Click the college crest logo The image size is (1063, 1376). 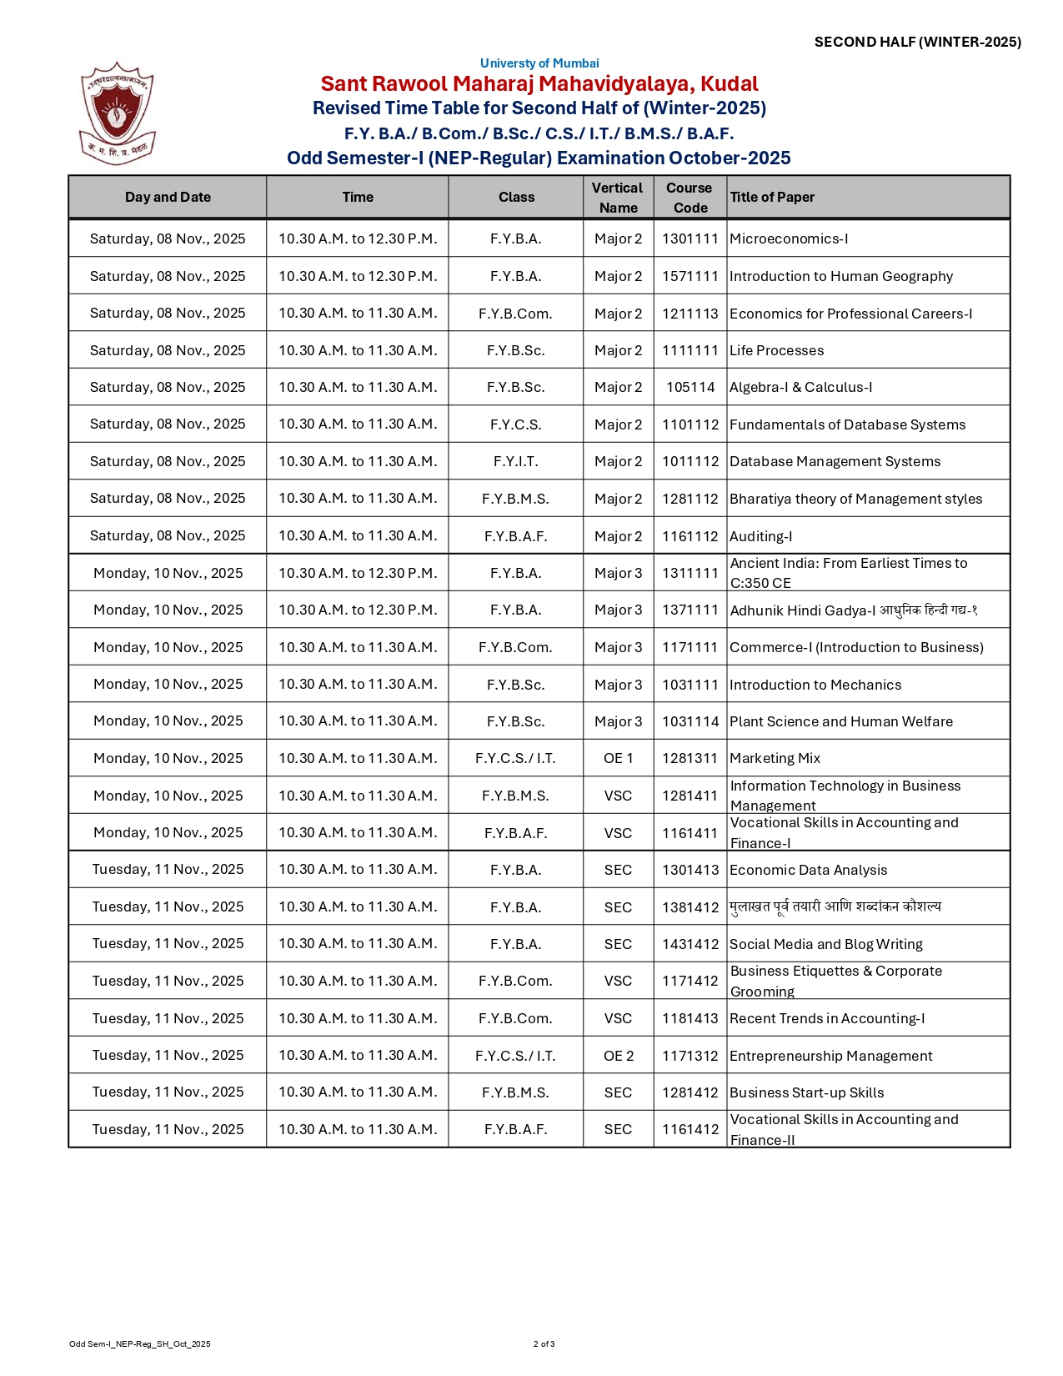click(117, 112)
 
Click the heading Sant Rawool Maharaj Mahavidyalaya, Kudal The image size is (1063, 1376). click(539, 84)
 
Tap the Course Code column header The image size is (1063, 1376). click(689, 198)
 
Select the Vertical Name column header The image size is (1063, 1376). click(618, 198)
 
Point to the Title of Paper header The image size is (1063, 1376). click(772, 198)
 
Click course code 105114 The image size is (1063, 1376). click(690, 388)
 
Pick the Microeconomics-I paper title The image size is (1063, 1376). click(789, 239)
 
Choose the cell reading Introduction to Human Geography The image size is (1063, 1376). click(840, 276)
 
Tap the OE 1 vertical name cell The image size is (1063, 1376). click(618, 758)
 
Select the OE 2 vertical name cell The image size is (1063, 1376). click(618, 1056)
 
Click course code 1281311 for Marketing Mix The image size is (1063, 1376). click(690, 758)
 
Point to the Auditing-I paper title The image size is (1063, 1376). click(760, 536)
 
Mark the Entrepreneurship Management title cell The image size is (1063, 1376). click(830, 1056)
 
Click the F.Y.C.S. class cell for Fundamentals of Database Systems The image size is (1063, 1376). click(516, 424)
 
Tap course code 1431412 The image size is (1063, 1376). click(690, 944)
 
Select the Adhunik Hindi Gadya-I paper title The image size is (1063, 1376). click(853, 610)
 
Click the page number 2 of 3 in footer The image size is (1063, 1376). click(544, 1344)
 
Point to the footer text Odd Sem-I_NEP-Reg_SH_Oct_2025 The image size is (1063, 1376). click(139, 1344)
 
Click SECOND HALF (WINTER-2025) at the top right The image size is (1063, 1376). click(917, 42)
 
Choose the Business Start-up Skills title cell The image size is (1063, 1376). click(806, 1092)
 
